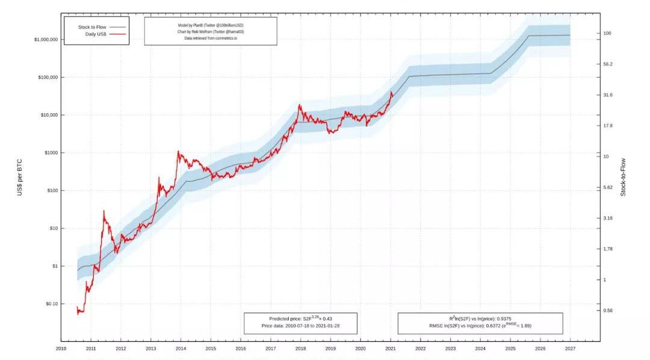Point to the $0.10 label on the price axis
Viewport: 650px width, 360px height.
click(x=49, y=304)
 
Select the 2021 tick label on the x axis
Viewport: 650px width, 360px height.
click(x=391, y=349)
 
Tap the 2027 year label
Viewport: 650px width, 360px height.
click(x=570, y=349)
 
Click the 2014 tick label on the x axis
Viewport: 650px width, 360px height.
click(x=181, y=349)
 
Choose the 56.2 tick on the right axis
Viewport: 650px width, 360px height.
click(x=607, y=64)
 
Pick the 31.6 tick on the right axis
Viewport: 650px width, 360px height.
click(x=607, y=95)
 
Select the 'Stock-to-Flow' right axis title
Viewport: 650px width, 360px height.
click(x=624, y=176)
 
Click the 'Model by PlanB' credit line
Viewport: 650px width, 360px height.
click(x=211, y=25)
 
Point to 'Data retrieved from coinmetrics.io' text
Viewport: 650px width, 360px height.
click(x=211, y=39)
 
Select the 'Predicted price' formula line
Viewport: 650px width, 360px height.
click(x=300, y=318)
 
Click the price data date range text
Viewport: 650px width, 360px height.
click(x=300, y=326)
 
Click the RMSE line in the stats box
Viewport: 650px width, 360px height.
click(x=480, y=326)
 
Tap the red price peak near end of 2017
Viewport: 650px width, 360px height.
click(x=299, y=105)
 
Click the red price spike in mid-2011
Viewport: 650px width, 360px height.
click(x=104, y=211)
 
